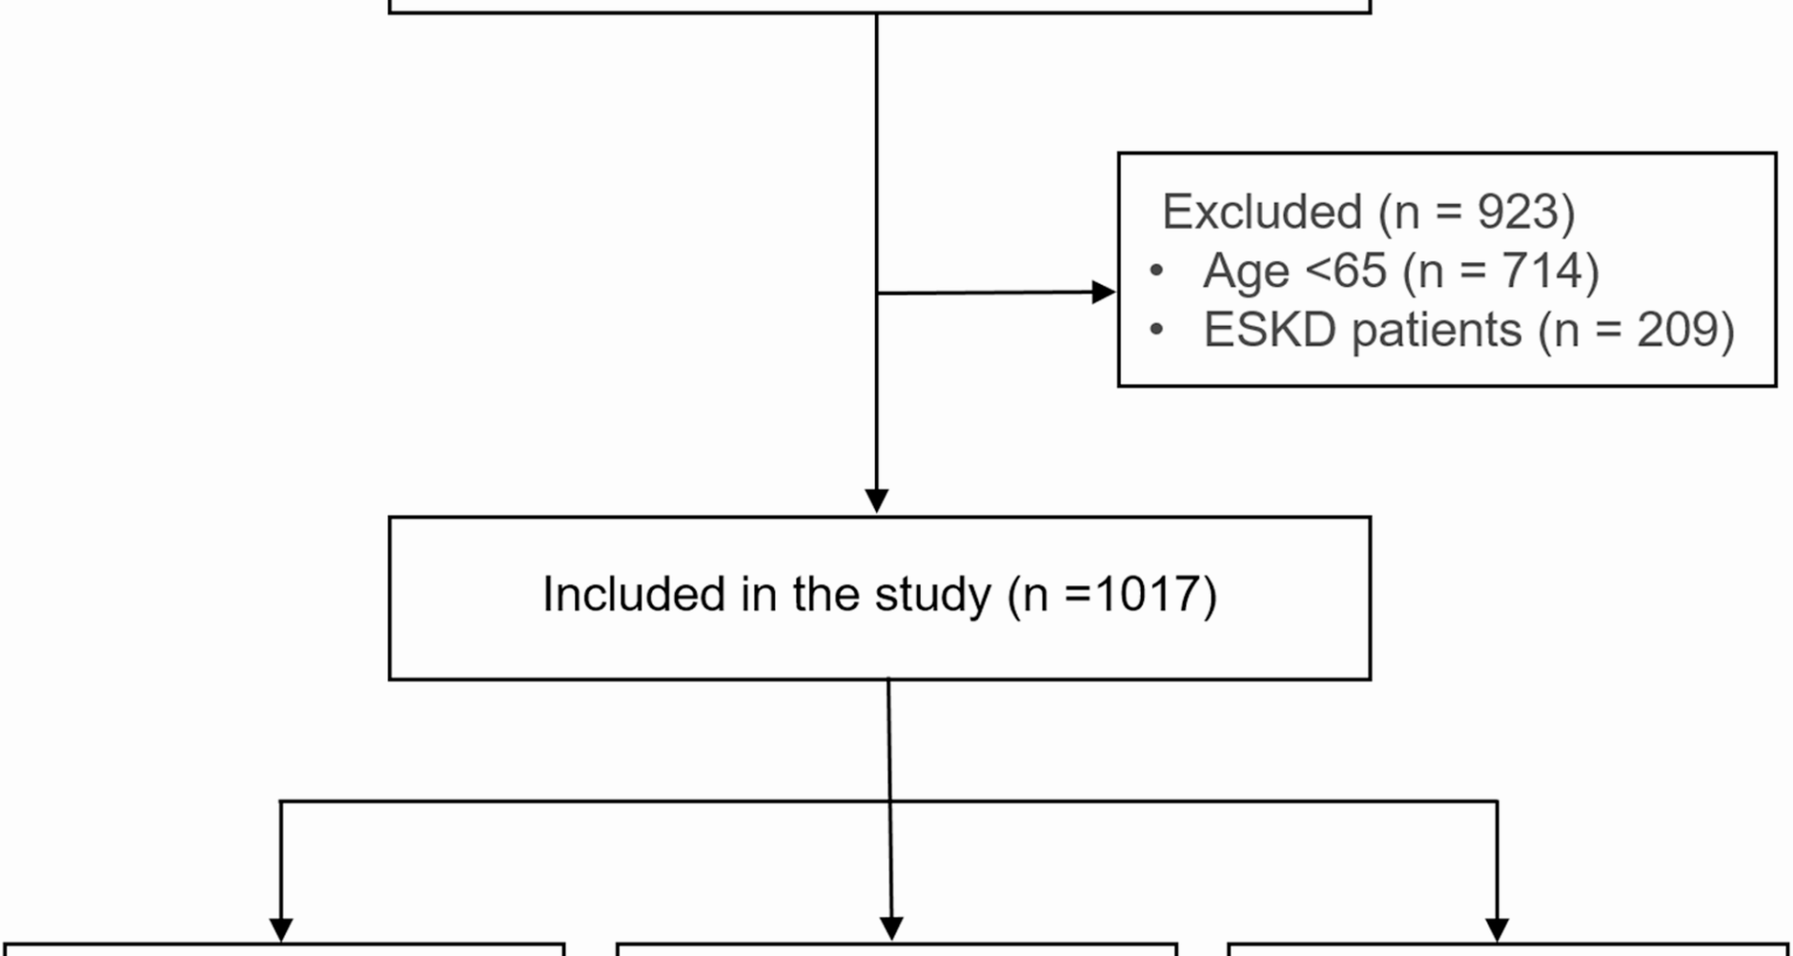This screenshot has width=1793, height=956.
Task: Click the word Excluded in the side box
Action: point(1262,212)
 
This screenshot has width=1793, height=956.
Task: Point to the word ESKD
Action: point(1269,330)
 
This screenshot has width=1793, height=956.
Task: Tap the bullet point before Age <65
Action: point(1157,271)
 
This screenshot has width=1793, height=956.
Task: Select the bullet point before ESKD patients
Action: point(1157,330)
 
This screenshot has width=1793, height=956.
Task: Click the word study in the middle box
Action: point(932,596)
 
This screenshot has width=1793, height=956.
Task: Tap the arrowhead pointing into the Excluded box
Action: point(1103,292)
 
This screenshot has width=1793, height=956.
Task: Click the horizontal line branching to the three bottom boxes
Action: point(579,801)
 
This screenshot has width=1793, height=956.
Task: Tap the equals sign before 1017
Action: point(1078,595)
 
